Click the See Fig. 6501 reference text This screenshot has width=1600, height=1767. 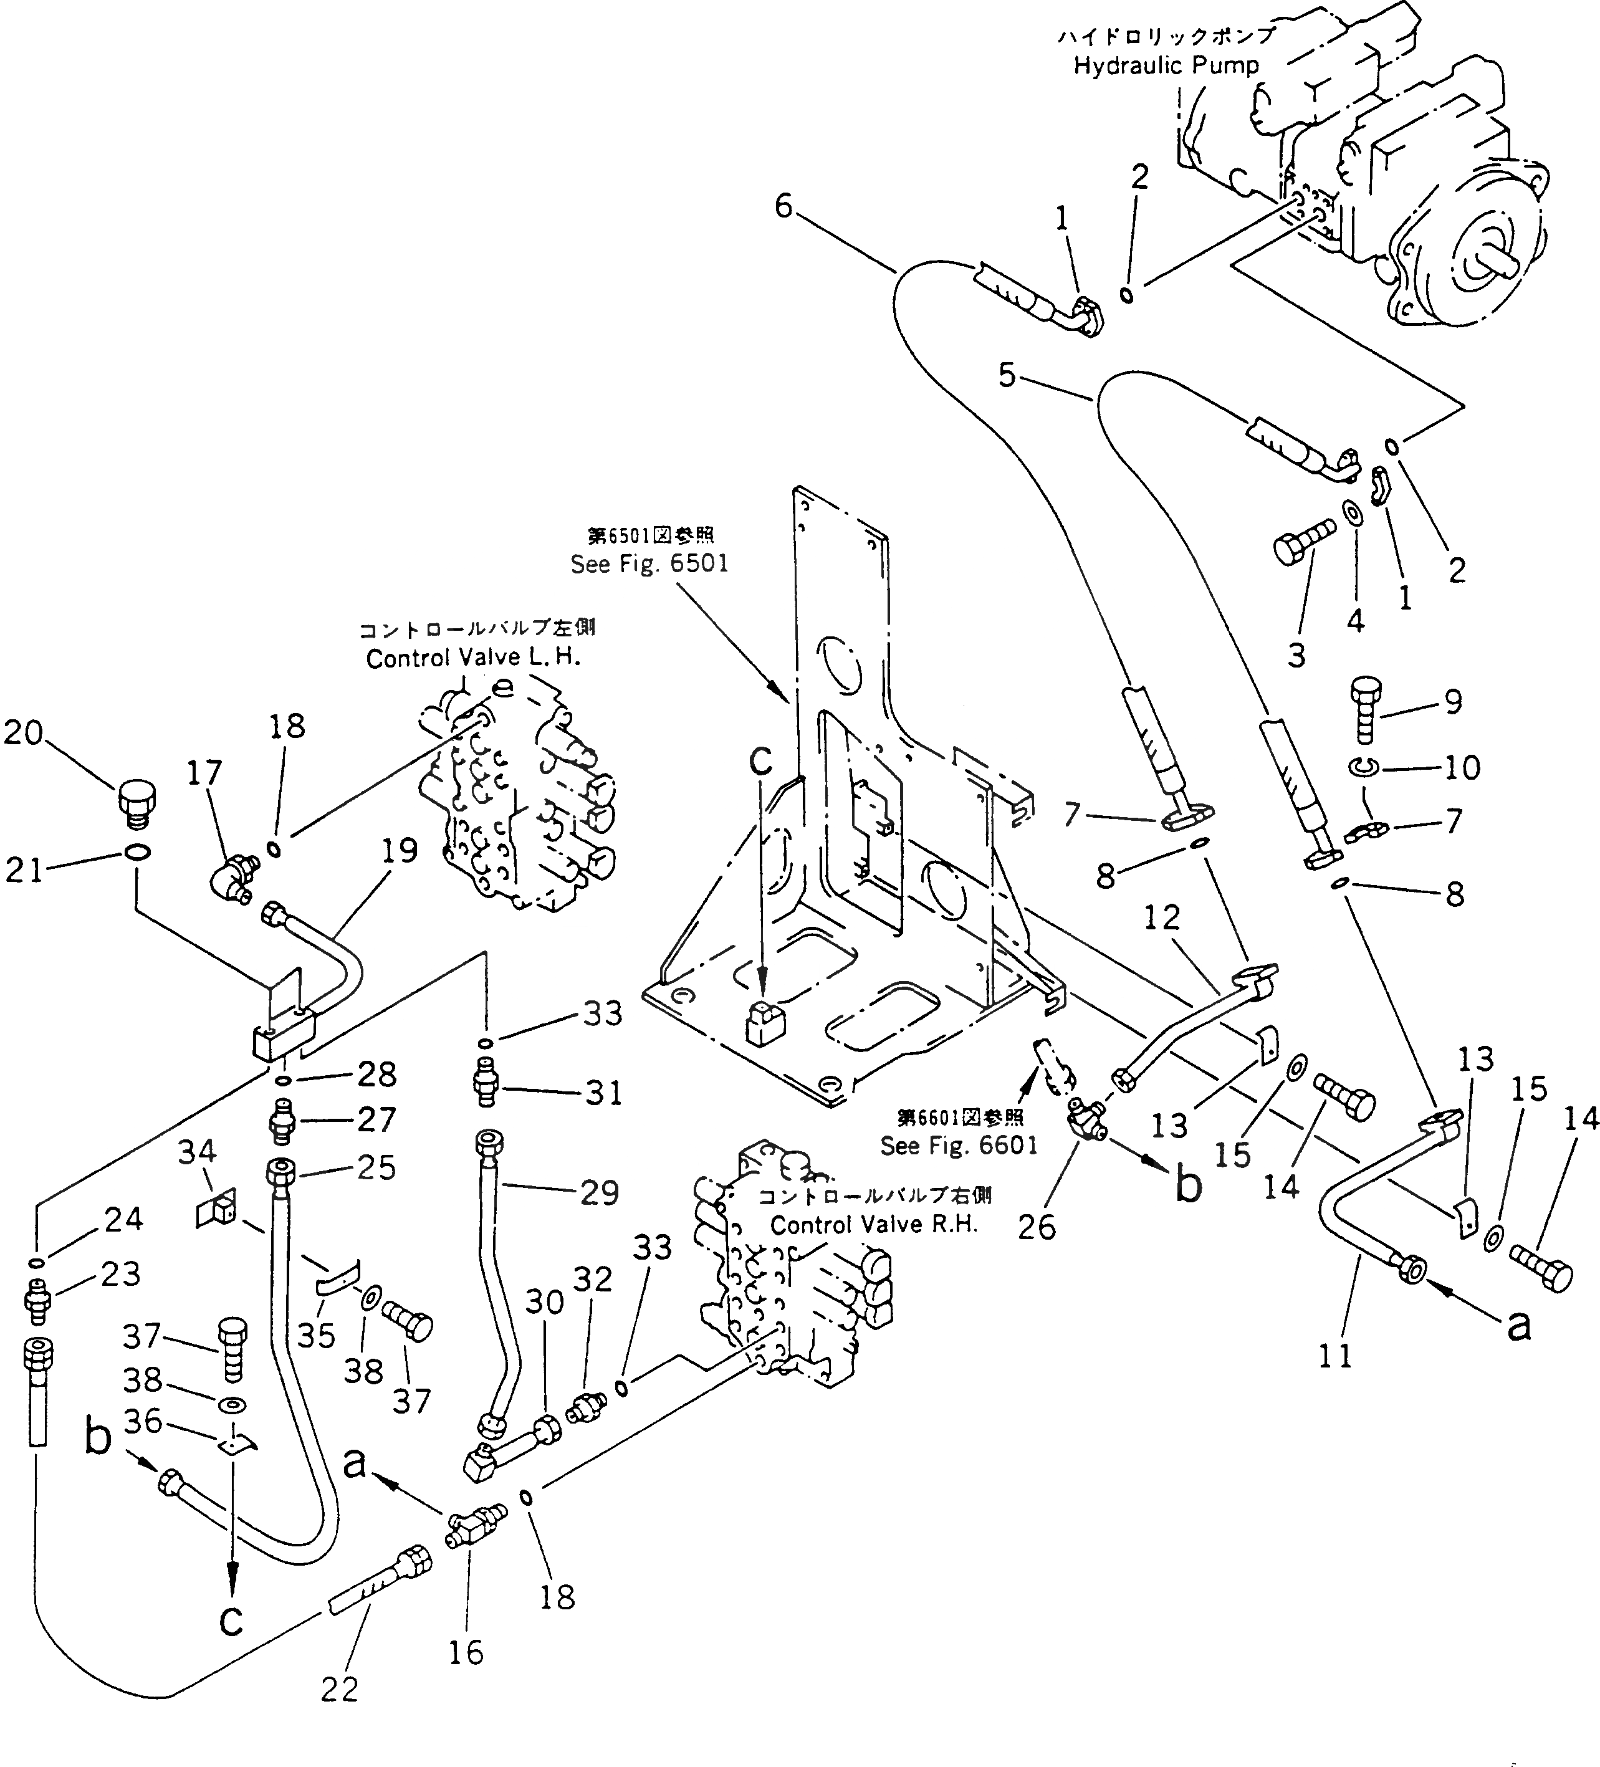[649, 563]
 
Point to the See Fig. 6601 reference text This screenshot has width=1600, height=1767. [958, 1146]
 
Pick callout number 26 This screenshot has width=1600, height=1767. [1037, 1227]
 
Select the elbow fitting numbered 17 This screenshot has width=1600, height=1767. [231, 876]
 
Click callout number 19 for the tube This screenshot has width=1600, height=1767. [400, 850]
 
